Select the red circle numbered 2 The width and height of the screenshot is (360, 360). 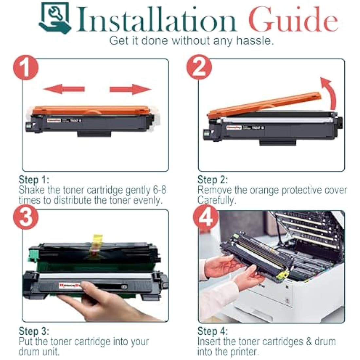pyautogui.click(x=199, y=68)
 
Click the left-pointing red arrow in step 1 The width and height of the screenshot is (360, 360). pyautogui.click(x=64, y=89)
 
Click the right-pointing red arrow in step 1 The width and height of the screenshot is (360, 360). pyautogui.click(x=130, y=89)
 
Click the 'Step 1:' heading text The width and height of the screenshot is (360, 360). pyautogui.click(x=34, y=180)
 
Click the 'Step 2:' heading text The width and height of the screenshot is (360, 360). pyautogui.click(x=212, y=180)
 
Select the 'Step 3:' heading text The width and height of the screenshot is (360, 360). pyautogui.click(x=34, y=331)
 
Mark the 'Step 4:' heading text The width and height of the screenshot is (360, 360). pyautogui.click(x=212, y=331)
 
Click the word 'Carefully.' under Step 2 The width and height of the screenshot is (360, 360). pyautogui.click(x=216, y=200)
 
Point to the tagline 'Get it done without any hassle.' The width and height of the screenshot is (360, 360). pyautogui.click(x=191, y=41)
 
